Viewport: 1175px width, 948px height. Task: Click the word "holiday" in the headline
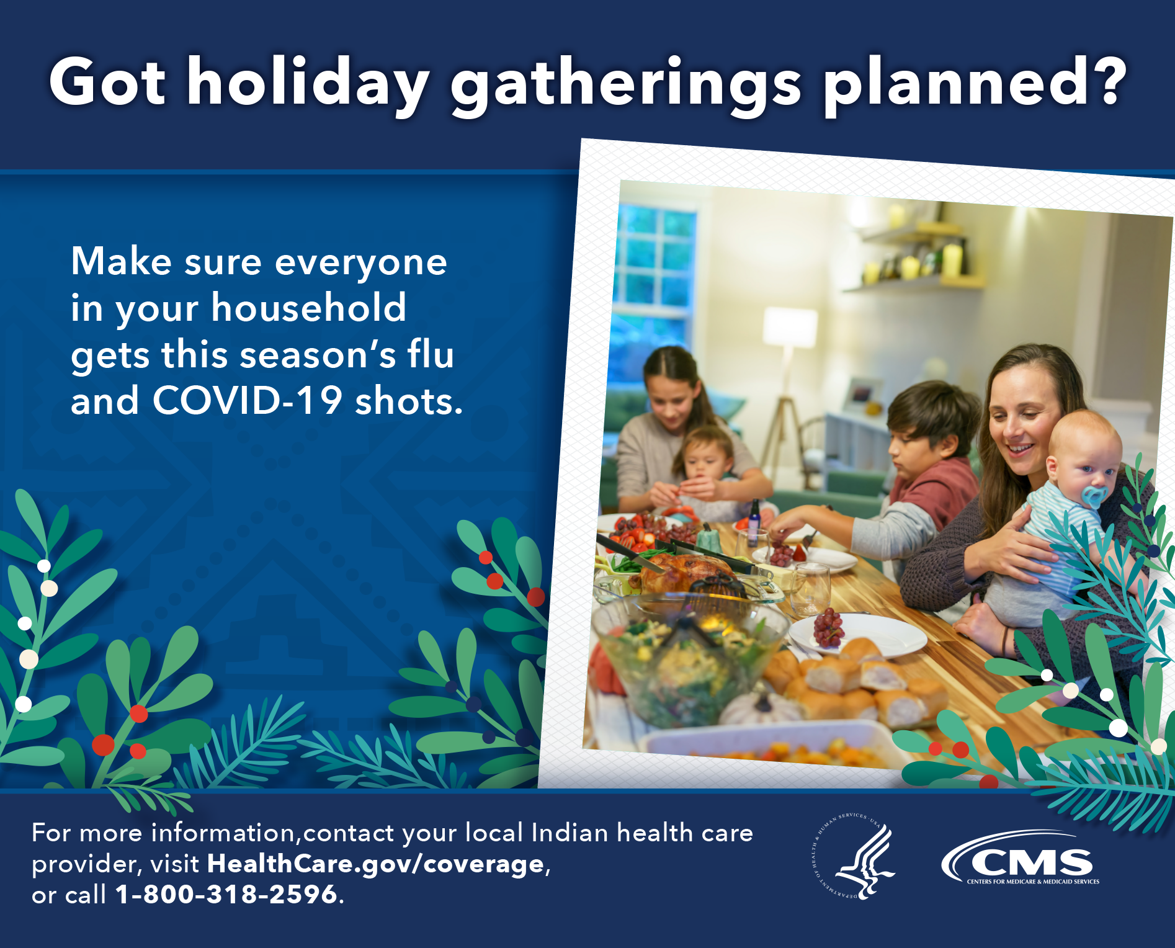click(x=308, y=84)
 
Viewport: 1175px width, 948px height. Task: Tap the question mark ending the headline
click(x=1105, y=81)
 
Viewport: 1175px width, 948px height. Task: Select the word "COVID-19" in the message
click(x=248, y=400)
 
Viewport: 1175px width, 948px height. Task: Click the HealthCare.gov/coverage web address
click(x=376, y=864)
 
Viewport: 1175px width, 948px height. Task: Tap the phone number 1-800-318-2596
click(x=226, y=894)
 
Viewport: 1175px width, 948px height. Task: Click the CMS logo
click(x=1021, y=859)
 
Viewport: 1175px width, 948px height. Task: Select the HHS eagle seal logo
click(x=854, y=856)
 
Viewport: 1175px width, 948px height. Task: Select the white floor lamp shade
click(x=790, y=326)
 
